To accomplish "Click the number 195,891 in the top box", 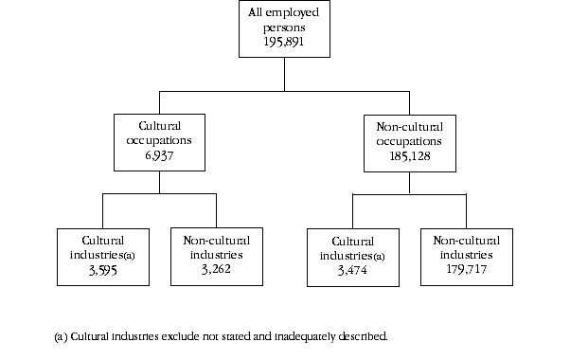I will (284, 44).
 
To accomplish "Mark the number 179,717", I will (466, 269).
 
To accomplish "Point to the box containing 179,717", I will (466, 255).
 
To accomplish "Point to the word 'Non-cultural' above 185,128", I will (409, 126).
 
